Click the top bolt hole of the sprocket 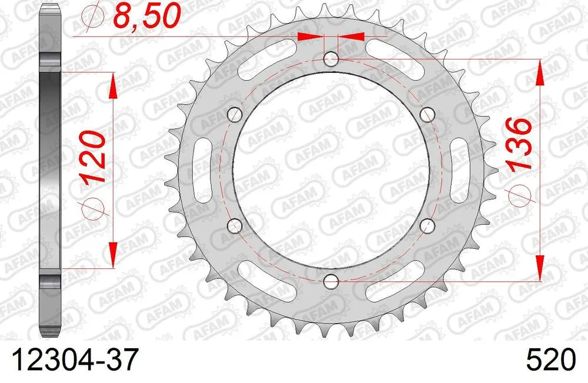(332, 59)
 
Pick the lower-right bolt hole (428, 225)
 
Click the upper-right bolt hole (428, 114)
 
